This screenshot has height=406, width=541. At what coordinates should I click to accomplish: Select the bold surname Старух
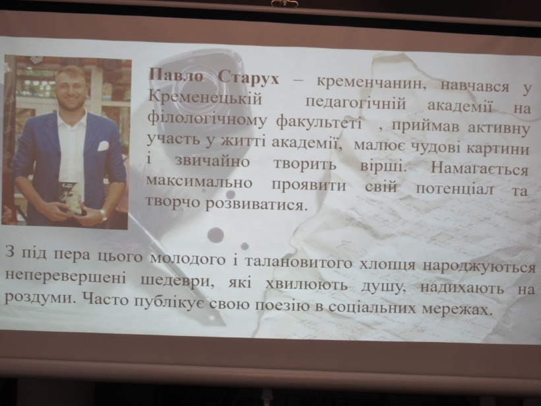tap(249, 78)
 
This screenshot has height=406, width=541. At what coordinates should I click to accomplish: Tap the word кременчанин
tap(369, 83)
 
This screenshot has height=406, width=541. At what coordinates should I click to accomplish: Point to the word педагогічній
tap(356, 103)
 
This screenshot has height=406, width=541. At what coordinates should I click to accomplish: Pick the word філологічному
tap(207, 119)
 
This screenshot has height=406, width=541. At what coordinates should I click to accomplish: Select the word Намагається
tap(479, 169)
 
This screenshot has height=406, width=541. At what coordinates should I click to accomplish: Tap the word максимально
tap(199, 182)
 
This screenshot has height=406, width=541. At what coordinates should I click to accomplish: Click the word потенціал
tap(455, 189)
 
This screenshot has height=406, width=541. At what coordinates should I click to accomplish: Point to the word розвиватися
tap(256, 204)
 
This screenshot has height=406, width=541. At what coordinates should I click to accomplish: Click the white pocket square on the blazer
tap(103, 146)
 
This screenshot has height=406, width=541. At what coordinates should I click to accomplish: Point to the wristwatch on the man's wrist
tap(103, 215)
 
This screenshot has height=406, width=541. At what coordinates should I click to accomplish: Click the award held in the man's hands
tap(71, 197)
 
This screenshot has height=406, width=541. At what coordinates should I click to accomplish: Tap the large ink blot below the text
tap(216, 235)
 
